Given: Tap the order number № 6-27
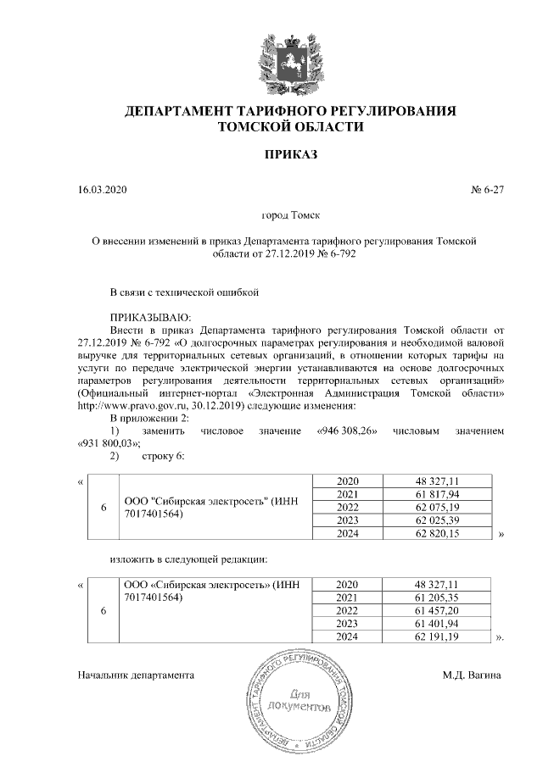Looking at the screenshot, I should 487,190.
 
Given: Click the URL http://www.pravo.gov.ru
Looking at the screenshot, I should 128,406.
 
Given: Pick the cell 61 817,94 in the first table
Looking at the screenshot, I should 437,494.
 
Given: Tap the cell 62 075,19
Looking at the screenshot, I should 437,507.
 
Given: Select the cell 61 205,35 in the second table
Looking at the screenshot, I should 437,597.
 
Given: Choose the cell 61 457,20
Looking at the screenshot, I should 437,610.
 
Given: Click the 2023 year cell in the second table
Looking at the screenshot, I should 348,624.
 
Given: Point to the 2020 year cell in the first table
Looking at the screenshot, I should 348,481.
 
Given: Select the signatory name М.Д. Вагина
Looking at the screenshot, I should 471,675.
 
